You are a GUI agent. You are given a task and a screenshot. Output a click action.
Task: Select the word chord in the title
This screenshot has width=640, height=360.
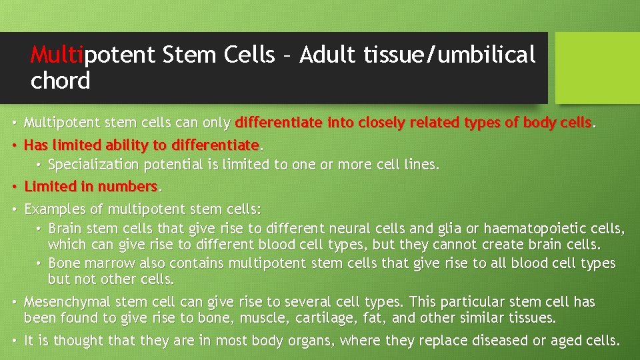click(60, 81)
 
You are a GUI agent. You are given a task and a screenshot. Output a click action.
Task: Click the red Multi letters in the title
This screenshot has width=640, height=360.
click(56, 55)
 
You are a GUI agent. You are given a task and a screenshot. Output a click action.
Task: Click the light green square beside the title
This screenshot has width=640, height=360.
click(597, 67)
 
